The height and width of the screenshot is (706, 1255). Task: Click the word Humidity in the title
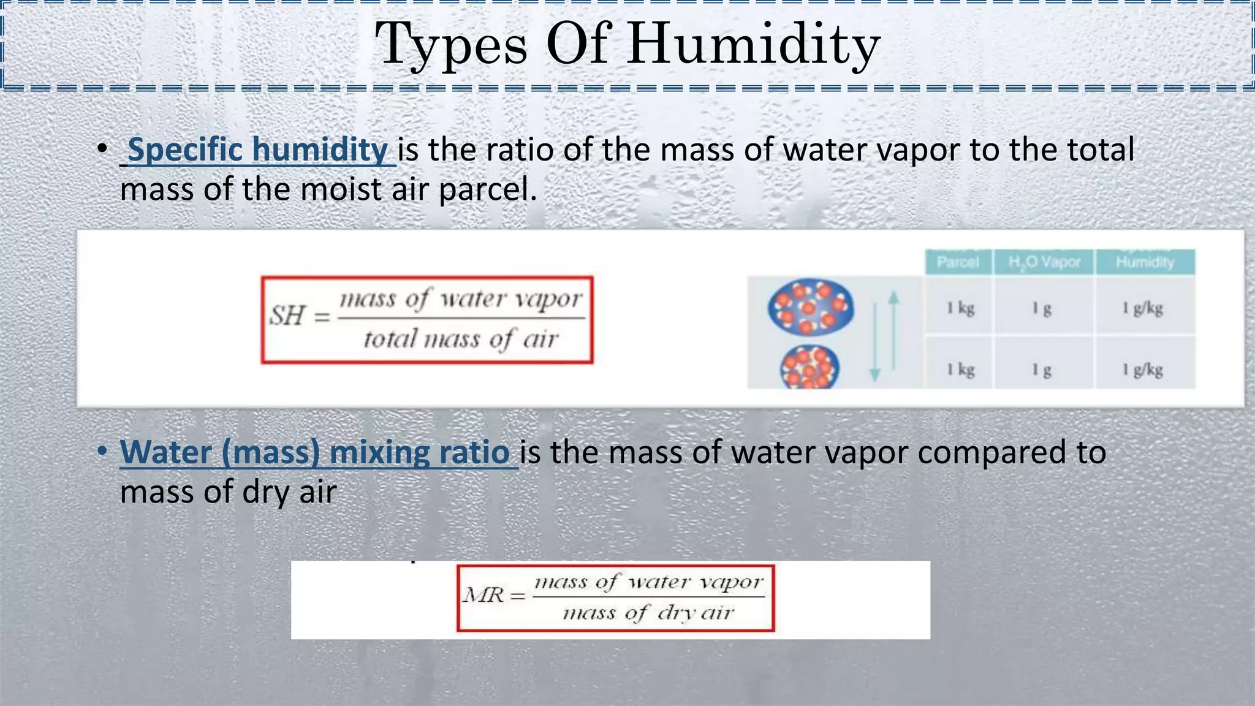(x=754, y=44)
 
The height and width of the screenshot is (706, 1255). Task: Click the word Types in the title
(x=451, y=44)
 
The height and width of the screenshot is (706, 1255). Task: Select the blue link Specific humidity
(x=257, y=150)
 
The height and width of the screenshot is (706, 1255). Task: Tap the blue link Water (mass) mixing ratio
(x=315, y=452)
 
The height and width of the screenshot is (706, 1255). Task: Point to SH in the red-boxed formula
(x=287, y=316)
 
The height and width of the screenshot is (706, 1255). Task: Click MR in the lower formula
(x=483, y=595)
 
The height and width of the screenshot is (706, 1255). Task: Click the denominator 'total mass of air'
(x=461, y=339)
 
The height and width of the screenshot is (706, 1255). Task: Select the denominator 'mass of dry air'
(x=648, y=612)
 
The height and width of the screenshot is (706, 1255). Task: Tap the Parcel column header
(x=958, y=262)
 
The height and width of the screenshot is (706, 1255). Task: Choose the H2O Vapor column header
(x=1044, y=262)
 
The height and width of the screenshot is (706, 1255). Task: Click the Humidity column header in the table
(x=1145, y=262)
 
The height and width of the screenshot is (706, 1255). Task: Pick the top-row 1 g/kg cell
(x=1142, y=308)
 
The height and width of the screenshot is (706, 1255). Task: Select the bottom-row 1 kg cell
(x=960, y=370)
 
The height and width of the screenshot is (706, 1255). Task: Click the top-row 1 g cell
(x=1042, y=308)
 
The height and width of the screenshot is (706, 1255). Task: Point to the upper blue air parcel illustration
(x=811, y=306)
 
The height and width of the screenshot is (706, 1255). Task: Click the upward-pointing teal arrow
(x=894, y=325)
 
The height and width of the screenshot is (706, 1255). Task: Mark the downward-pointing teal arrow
(x=875, y=349)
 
